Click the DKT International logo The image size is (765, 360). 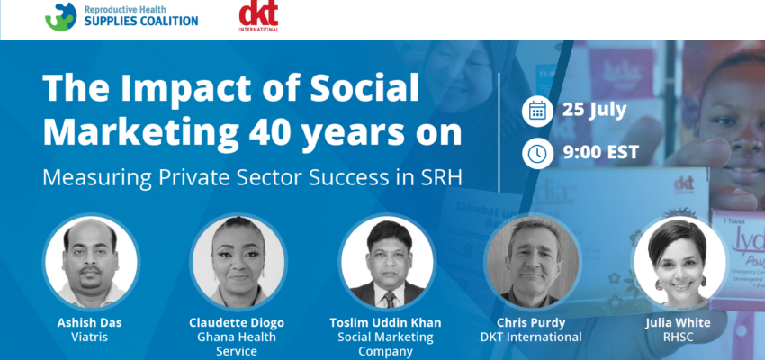(x=258, y=16)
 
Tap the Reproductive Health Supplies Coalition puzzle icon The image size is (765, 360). (x=61, y=17)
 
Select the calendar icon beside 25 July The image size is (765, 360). (x=537, y=112)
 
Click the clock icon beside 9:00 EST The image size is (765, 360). (x=537, y=153)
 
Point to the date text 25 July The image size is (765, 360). (x=594, y=111)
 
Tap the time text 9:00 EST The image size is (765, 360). (x=600, y=153)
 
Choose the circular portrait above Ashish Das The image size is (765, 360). (x=91, y=263)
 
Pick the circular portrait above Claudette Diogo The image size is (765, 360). (x=238, y=263)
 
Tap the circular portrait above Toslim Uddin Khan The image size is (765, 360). (x=387, y=263)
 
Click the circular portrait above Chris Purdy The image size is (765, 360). (x=532, y=263)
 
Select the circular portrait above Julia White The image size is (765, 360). (x=679, y=263)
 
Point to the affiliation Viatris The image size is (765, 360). (x=90, y=337)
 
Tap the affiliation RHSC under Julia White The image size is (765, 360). (x=679, y=337)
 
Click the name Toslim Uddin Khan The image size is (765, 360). (x=385, y=323)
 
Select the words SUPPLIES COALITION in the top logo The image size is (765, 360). (x=141, y=21)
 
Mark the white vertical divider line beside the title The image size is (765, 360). (x=499, y=132)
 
